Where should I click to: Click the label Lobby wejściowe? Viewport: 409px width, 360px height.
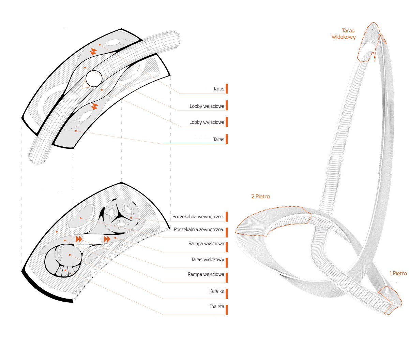point(207,106)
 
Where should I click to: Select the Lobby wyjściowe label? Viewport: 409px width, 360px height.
point(207,122)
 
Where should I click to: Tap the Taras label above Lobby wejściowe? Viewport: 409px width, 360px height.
point(219,89)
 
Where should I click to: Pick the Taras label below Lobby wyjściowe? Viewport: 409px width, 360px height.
point(219,139)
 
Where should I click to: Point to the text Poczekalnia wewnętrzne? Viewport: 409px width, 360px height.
point(198,217)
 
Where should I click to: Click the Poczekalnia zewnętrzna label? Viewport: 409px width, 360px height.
point(198,229)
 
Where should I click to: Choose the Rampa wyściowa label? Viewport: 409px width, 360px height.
point(206,244)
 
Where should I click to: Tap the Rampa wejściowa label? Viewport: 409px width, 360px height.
point(206,274)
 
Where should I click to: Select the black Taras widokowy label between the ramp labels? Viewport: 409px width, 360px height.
point(208,260)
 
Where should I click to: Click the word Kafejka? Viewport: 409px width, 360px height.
point(217,291)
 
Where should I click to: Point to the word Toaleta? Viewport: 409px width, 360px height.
point(217,306)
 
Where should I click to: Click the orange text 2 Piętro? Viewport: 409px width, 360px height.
point(260,197)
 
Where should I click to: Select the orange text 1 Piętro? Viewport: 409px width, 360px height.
point(398,273)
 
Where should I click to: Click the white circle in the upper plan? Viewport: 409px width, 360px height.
point(94,78)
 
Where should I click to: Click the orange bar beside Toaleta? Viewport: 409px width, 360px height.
point(227,309)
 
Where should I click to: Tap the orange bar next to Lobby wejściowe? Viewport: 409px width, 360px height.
point(227,105)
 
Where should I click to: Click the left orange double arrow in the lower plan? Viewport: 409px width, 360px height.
point(79,239)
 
